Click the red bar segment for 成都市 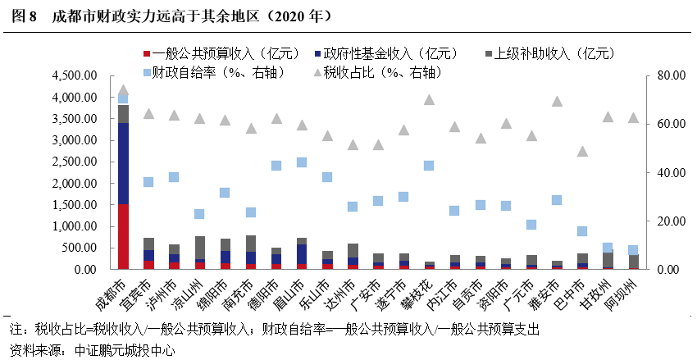123,236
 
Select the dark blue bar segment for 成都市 123,163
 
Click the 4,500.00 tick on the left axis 75,76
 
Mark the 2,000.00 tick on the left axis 75,184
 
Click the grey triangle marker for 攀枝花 429,99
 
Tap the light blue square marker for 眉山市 302,162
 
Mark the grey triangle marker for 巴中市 581,151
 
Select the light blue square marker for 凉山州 199,214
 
